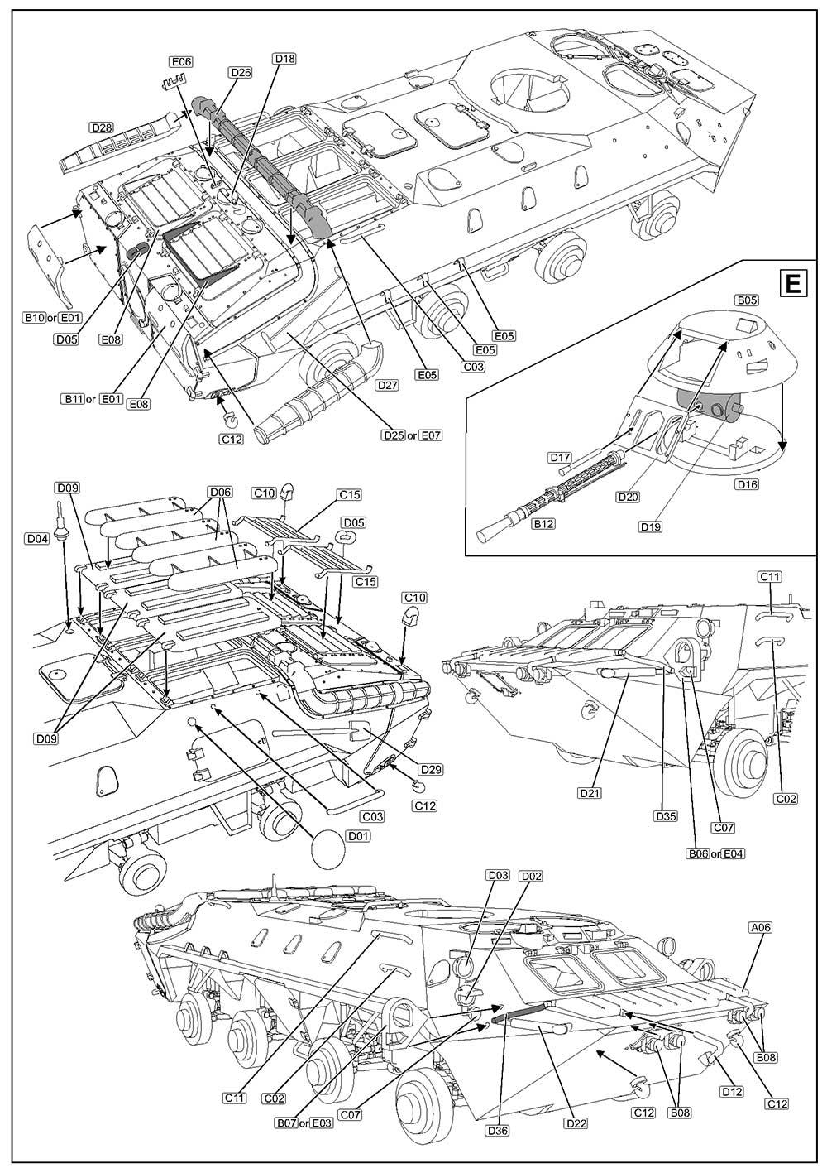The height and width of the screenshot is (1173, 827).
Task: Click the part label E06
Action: click(180, 62)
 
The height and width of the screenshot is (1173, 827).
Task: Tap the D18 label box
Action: click(284, 58)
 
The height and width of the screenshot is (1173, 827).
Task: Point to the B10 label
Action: click(34, 318)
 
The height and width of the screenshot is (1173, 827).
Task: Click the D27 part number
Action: click(387, 386)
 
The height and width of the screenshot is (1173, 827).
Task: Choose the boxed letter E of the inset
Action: click(792, 284)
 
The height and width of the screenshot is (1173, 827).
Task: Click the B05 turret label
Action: click(747, 300)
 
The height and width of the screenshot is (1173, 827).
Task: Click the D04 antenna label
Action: click(36, 539)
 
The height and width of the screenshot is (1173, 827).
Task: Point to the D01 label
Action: click(358, 836)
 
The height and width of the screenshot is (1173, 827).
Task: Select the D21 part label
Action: click(590, 793)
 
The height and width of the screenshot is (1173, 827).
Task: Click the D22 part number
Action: click(576, 1123)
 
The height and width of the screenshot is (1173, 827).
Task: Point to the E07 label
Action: click(432, 435)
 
